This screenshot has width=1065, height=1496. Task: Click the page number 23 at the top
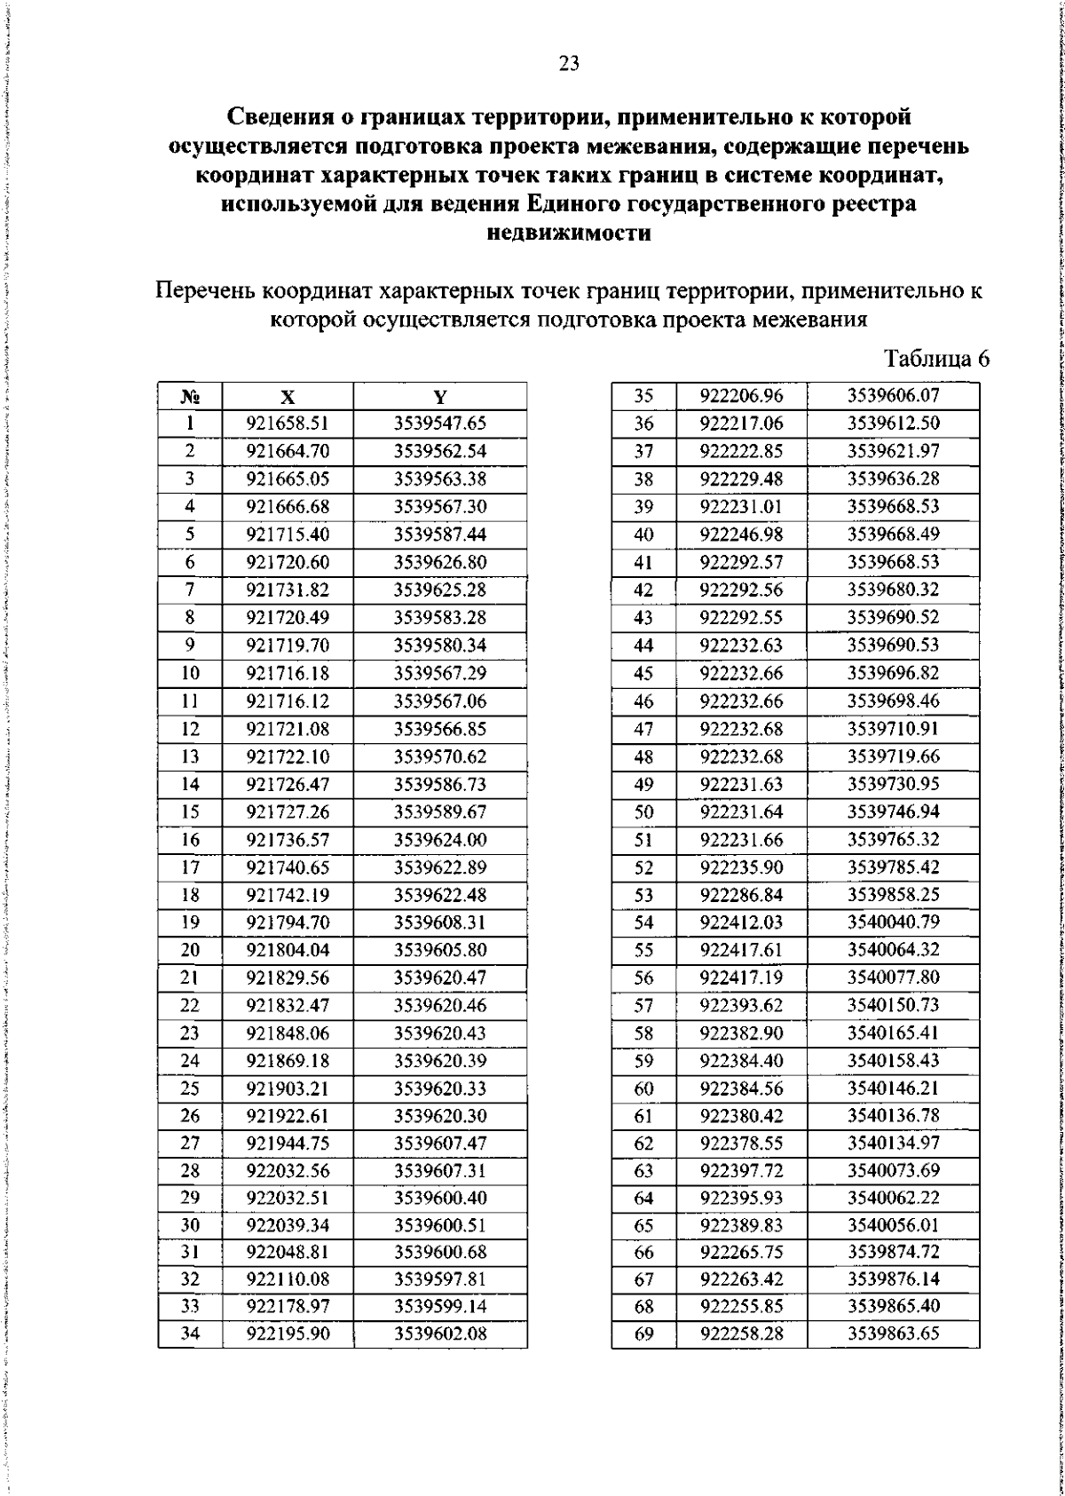(569, 63)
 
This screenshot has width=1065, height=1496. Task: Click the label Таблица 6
(936, 359)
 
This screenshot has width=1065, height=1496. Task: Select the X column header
(288, 397)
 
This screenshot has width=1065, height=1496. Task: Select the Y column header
(440, 397)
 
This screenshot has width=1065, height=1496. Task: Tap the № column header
(190, 397)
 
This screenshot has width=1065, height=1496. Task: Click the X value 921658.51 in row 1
(288, 423)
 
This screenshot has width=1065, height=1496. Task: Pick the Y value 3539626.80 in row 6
(440, 562)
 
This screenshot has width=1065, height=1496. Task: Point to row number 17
(190, 867)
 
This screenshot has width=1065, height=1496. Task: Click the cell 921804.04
(288, 950)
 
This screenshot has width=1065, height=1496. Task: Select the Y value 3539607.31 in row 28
(440, 1170)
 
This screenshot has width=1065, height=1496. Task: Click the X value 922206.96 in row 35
(741, 396)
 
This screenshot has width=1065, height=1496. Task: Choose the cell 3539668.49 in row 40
(893, 534)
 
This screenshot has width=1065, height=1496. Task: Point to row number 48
(643, 756)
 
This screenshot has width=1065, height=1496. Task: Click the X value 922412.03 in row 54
(741, 922)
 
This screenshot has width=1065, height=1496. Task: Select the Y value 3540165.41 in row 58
(893, 1033)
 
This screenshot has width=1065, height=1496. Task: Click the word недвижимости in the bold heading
(569, 234)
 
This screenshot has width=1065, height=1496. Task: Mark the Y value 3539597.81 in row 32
(440, 1279)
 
